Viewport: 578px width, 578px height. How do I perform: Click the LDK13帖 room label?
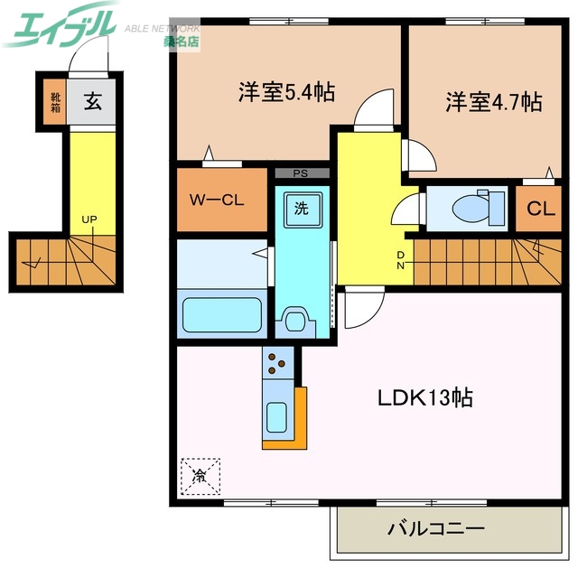point(426,397)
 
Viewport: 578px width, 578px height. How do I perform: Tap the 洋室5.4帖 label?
point(287,91)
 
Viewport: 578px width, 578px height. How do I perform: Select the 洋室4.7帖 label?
point(493,101)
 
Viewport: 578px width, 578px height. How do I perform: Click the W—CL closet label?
point(215,200)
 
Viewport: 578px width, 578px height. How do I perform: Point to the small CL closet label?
point(540,210)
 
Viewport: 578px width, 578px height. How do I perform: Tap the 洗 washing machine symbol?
point(302,208)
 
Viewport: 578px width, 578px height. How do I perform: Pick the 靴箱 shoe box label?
point(56,103)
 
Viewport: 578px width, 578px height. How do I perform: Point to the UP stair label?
point(89,219)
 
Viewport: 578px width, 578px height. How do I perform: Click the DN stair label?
point(401,260)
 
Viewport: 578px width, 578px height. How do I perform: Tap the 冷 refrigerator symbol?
point(199,474)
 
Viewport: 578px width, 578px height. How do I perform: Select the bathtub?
point(222,313)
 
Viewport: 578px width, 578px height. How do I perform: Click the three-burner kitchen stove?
point(276,363)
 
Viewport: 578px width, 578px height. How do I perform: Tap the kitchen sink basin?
point(276,416)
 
